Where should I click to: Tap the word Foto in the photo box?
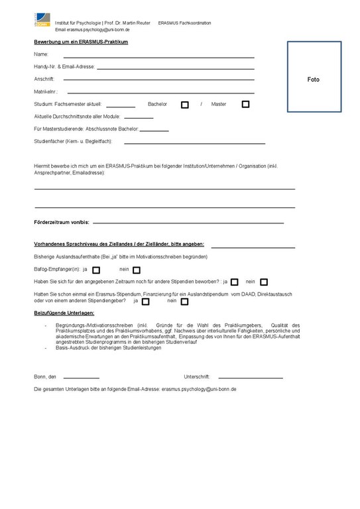pos(314,80)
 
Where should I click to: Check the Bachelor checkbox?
pos(185,105)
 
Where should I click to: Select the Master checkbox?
pos(245,104)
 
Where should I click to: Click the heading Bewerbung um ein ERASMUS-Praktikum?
pos(81,42)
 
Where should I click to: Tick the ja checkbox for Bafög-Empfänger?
pos(96,270)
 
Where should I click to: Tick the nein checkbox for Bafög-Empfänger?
pos(137,270)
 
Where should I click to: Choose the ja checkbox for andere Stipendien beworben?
pos(235,282)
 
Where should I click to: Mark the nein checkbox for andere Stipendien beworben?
pos(264,282)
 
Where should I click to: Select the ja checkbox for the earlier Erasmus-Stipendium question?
pos(146,302)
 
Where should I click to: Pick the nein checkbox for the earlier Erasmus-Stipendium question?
pos(184,302)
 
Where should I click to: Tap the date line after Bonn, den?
pos(81,378)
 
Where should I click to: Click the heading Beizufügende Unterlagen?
pos(64,312)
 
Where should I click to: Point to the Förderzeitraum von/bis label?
pos(62,223)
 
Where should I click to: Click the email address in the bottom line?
pos(199,390)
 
